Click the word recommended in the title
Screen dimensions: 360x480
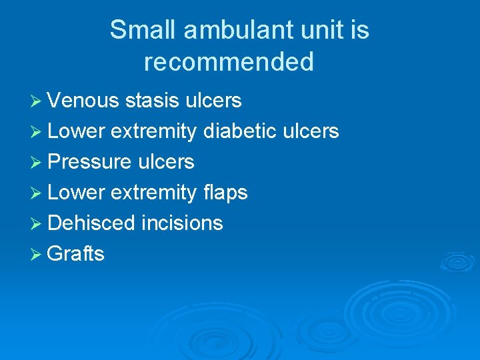pos(229,62)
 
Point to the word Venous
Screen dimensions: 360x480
pos(83,101)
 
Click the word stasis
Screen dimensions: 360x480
pos(153,101)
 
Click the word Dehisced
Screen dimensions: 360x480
pos(91,223)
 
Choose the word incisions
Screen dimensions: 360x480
pos(182,223)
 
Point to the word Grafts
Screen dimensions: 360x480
pos(76,253)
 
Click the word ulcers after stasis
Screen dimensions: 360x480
pos(213,101)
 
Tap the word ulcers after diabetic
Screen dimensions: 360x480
pos(311,131)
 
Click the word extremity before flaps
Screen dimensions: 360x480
pos(153,193)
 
